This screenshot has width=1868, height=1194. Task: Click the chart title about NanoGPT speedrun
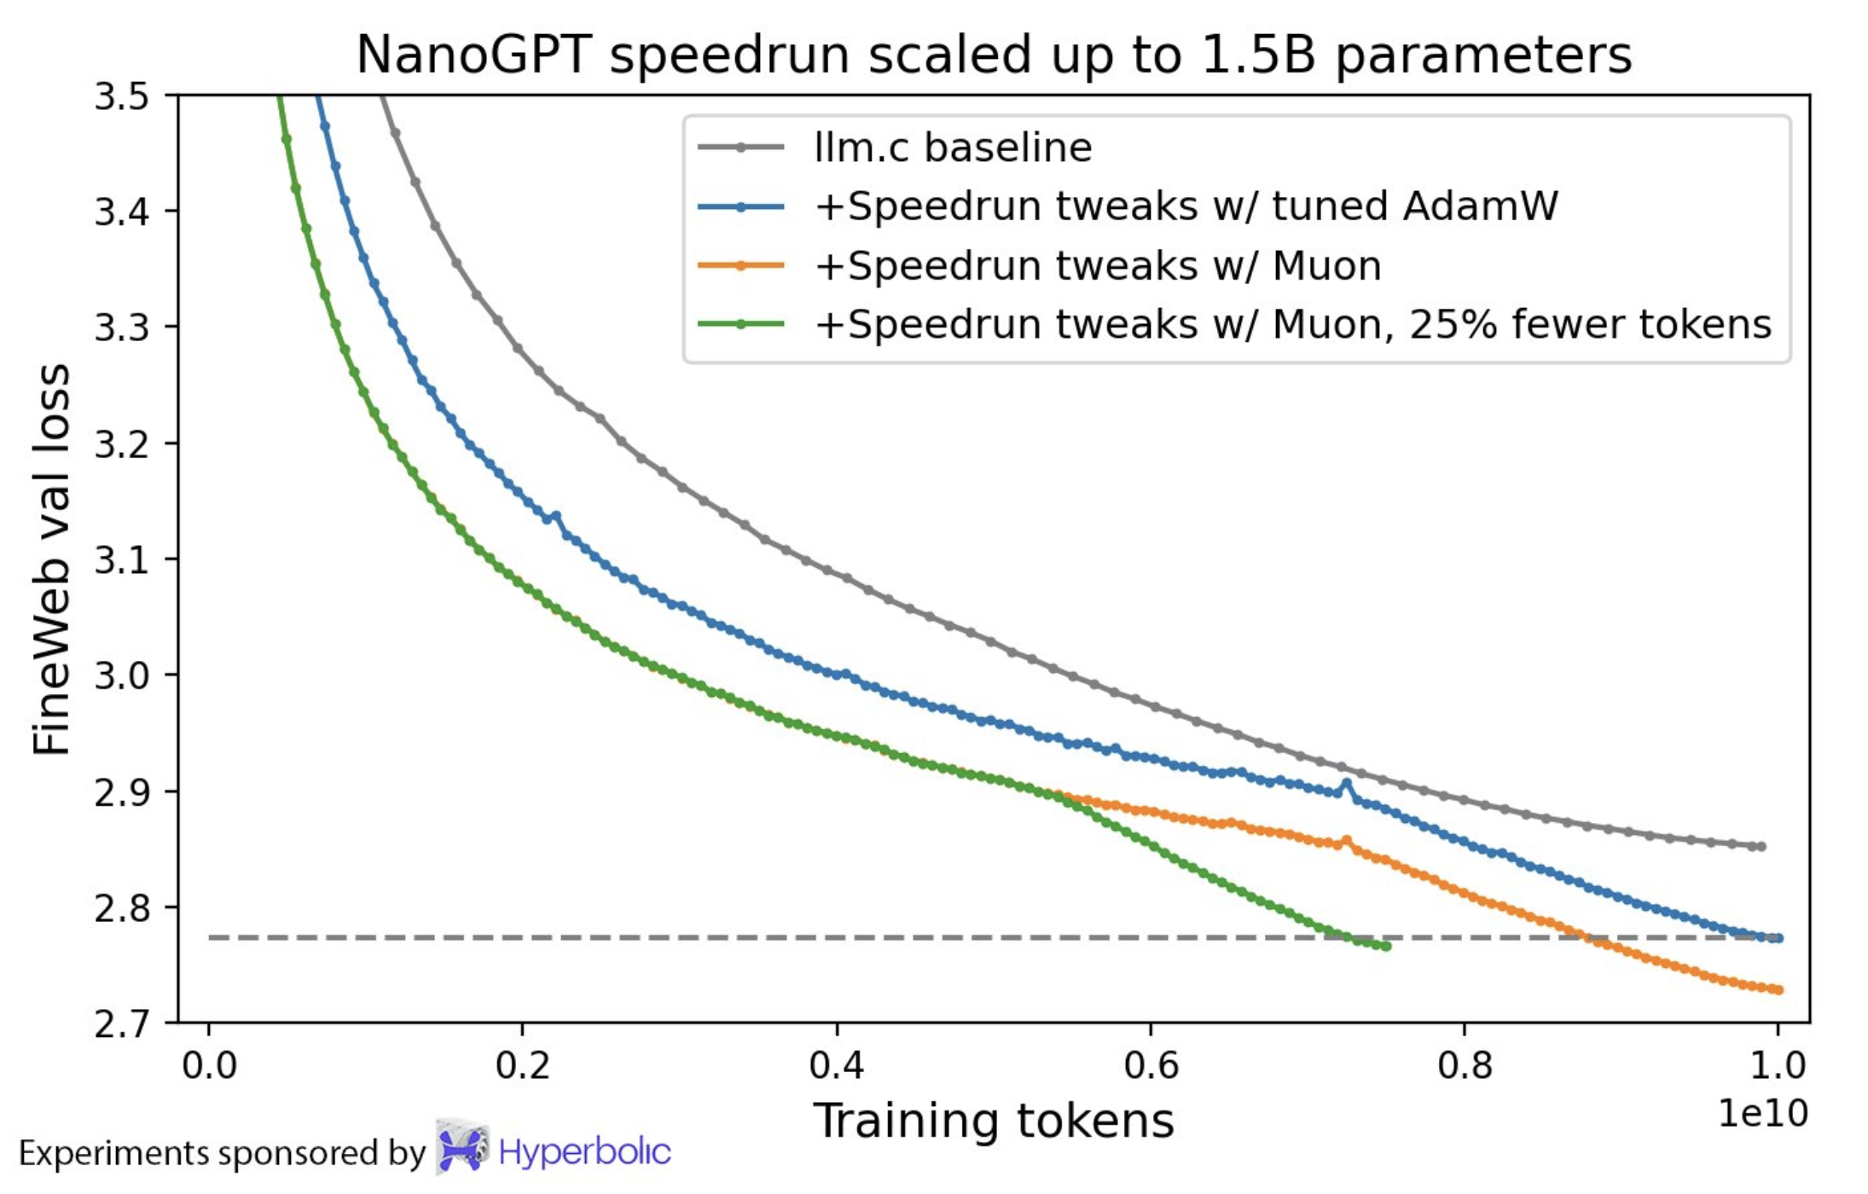tap(994, 55)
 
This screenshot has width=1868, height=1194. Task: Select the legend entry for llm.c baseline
tap(953, 148)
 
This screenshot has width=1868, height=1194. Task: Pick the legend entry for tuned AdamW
tap(1186, 206)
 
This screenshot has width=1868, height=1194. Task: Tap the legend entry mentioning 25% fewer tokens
tap(1292, 325)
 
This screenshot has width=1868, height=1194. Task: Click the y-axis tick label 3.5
tap(121, 97)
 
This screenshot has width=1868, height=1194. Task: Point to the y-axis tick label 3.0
tap(121, 675)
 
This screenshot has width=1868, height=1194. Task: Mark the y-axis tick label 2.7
tap(121, 1023)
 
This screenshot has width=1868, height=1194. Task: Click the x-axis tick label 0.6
tap(1151, 1066)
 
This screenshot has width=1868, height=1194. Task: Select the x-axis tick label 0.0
tap(209, 1066)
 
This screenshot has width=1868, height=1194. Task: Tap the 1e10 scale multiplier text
tap(1762, 1114)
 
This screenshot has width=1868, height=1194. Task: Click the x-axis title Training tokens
tap(993, 1121)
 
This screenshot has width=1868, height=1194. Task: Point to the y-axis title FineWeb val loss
tap(51, 559)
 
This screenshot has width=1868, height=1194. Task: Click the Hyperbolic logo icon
tap(461, 1148)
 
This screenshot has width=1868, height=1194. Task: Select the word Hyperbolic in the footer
tap(584, 1152)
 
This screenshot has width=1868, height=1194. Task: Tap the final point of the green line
tap(1387, 947)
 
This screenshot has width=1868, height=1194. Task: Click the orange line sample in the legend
tap(740, 266)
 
